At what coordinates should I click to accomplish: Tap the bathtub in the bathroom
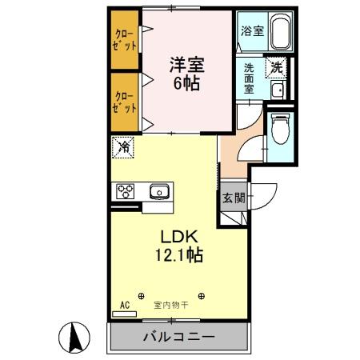click(x=278, y=34)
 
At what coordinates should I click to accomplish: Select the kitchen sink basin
click(x=159, y=191)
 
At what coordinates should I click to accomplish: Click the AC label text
click(x=125, y=305)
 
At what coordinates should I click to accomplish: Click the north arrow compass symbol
click(x=74, y=335)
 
